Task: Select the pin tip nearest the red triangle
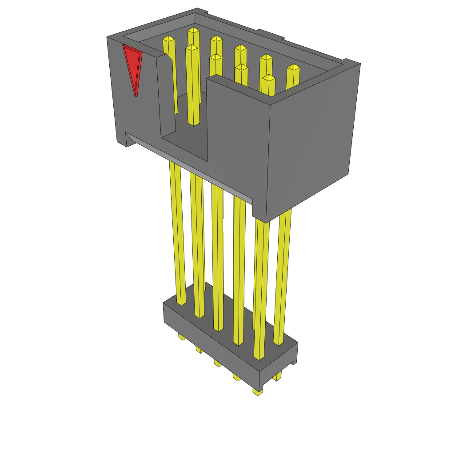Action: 169,40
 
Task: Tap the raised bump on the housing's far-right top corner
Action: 351,61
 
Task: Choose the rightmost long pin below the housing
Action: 283,275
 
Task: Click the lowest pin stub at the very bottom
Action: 258,392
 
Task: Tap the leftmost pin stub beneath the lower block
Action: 181,336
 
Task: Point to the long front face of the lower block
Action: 209,342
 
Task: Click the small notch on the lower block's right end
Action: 293,362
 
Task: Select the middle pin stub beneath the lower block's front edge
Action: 217,363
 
